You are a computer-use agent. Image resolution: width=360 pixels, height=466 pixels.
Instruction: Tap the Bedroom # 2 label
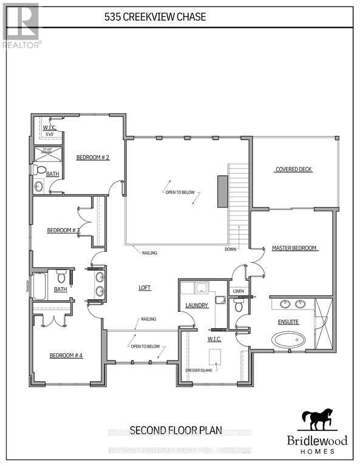(92, 158)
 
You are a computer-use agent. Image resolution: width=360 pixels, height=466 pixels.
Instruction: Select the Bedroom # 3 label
(64, 231)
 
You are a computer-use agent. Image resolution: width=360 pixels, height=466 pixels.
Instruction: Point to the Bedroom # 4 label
(66, 355)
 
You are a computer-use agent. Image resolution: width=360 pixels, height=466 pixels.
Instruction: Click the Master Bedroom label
(295, 248)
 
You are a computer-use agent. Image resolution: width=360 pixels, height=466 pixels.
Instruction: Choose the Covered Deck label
(294, 169)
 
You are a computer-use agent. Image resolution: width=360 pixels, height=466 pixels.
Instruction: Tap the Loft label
(144, 288)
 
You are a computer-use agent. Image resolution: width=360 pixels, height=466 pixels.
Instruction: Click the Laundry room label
(197, 305)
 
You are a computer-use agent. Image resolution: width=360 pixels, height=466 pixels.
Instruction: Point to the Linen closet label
(238, 291)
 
